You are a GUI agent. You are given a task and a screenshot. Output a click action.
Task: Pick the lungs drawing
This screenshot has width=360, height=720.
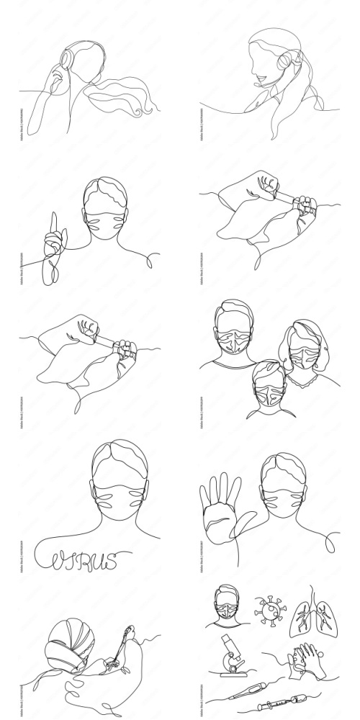point(308,612)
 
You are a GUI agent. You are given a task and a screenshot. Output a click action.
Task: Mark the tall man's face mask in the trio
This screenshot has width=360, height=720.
point(235,341)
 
